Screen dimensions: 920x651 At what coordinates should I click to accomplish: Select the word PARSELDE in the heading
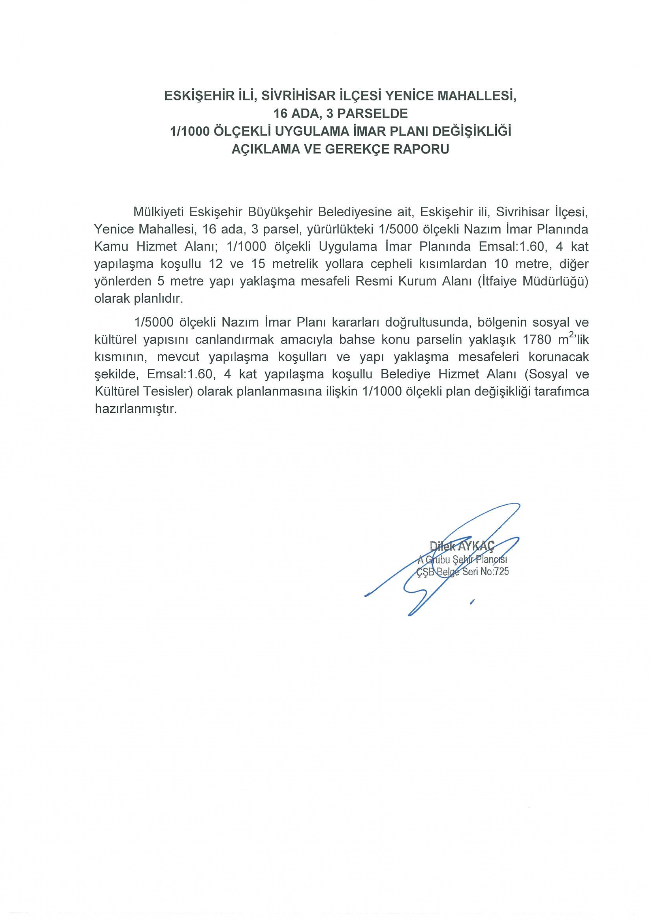pyautogui.click(x=373, y=114)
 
